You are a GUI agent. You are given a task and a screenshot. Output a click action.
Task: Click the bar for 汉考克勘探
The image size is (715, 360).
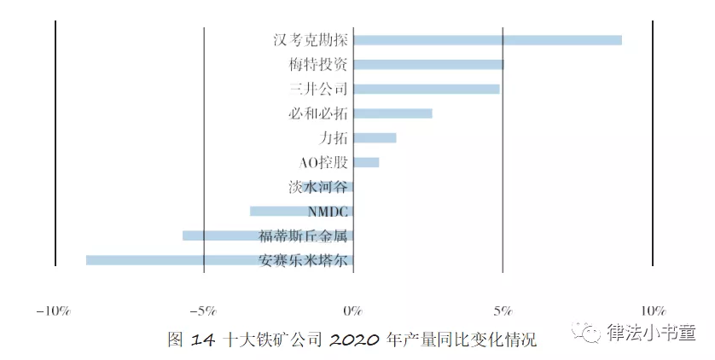pos(487,40)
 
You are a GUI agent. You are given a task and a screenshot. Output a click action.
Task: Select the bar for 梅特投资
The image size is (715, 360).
pos(428,64)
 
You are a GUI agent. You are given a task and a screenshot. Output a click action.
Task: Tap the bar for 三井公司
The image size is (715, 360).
pos(426,89)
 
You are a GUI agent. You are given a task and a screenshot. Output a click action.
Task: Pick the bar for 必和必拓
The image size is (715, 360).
pos(392,113)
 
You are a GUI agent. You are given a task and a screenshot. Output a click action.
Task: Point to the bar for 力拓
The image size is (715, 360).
pos(375,137)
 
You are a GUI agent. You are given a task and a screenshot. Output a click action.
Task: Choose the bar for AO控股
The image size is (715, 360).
pos(366,162)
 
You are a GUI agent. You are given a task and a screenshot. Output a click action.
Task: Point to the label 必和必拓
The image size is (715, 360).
pos(319,113)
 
